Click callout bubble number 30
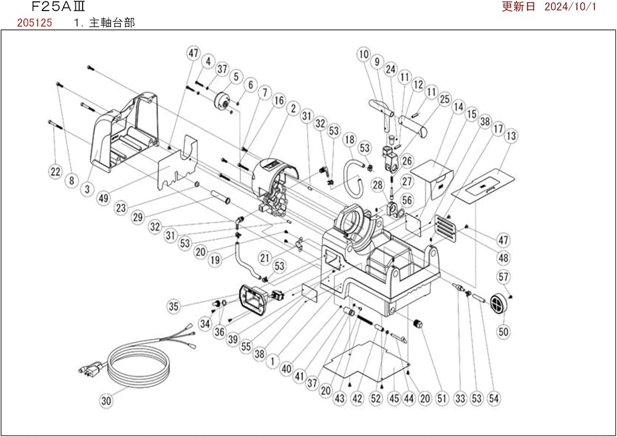pyautogui.click(x=106, y=401)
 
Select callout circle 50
pyautogui.click(x=503, y=332)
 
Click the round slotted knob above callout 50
pyautogui.click(x=497, y=302)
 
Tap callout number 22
pyautogui.click(x=56, y=171)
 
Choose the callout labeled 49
pyautogui.click(x=102, y=198)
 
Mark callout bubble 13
pyautogui.click(x=511, y=136)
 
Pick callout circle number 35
pyautogui.click(x=174, y=305)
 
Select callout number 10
pyautogui.click(x=363, y=54)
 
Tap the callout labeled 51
pyautogui.click(x=441, y=399)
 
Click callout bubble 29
pyautogui.click(x=138, y=218)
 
